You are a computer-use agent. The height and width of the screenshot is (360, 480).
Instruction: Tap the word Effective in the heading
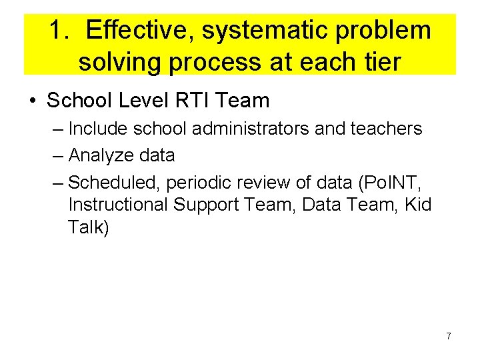click(x=139, y=31)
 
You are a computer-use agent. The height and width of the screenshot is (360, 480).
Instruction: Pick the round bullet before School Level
click(x=32, y=101)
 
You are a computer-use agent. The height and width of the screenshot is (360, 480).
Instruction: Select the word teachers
click(x=389, y=129)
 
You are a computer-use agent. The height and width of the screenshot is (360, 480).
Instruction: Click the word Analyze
click(x=99, y=156)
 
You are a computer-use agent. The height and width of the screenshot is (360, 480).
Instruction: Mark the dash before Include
click(x=58, y=129)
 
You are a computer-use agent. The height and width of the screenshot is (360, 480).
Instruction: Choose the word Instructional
click(x=118, y=205)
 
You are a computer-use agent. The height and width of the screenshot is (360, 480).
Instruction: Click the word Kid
click(x=417, y=205)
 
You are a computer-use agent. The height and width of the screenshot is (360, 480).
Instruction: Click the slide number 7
click(x=448, y=337)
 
